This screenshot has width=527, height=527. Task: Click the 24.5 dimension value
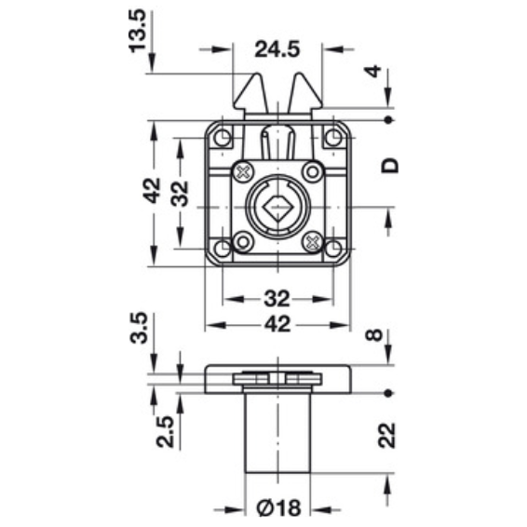click(277, 49)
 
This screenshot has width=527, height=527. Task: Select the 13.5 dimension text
click(138, 31)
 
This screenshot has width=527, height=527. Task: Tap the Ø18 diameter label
click(278, 507)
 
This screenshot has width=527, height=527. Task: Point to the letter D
click(389, 166)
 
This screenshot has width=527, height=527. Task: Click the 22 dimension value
click(386, 436)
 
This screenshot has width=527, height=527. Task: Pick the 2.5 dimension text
click(166, 432)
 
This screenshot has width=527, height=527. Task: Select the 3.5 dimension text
click(139, 328)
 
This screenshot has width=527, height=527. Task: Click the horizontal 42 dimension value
click(277, 325)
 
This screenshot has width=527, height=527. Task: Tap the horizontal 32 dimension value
click(277, 299)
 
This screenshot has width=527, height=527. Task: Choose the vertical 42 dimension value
click(153, 191)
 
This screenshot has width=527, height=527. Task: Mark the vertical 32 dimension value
click(180, 194)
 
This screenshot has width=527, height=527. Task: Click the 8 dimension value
click(373, 335)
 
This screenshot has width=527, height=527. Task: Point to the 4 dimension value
click(373, 72)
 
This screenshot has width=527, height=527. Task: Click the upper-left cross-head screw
click(243, 172)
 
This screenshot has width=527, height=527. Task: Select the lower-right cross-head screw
click(313, 241)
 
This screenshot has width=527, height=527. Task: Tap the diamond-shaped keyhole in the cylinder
click(277, 208)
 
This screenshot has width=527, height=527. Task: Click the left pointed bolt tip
click(256, 74)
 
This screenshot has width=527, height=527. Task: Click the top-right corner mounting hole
click(333, 138)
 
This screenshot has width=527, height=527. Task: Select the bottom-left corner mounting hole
click(222, 249)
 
